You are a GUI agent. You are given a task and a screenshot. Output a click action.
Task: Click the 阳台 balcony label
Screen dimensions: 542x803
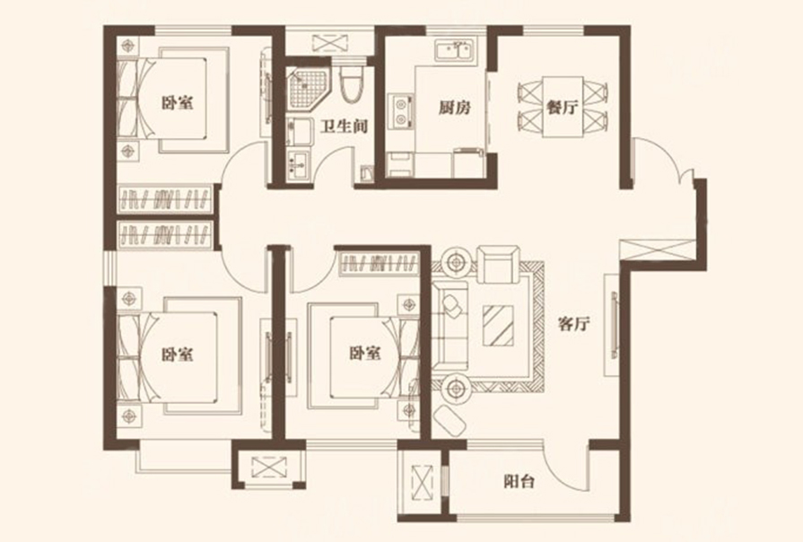pyautogui.click(x=516, y=482)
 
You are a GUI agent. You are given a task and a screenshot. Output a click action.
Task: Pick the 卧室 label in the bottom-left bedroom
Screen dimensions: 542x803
pyautogui.click(x=177, y=354)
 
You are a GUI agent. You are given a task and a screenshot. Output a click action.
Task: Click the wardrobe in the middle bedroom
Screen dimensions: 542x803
pyautogui.click(x=379, y=262)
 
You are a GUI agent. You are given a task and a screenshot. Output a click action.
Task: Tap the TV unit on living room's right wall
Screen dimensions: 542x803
pyautogui.click(x=615, y=324)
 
